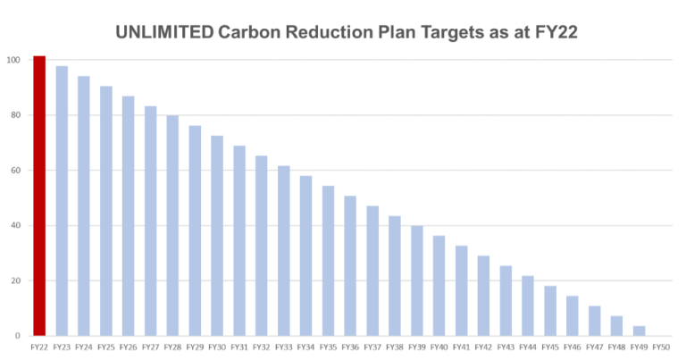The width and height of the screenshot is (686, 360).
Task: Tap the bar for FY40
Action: coord(439,286)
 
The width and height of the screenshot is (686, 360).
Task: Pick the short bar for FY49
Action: coord(639,331)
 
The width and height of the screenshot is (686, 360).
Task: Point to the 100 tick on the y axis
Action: coord(13,60)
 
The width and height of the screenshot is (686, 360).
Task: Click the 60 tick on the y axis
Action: coord(14,171)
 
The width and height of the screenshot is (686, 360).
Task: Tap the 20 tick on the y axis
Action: coord(14,280)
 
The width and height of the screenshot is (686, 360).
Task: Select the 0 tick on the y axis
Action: coord(17,336)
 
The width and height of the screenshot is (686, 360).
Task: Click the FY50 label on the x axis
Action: coord(661,347)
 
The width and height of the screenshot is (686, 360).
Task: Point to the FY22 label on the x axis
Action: coord(39,347)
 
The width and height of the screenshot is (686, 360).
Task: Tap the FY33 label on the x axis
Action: coord(283,347)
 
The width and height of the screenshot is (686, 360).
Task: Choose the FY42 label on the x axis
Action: coord(483,347)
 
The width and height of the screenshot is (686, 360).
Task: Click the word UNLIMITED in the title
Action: coord(164,33)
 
